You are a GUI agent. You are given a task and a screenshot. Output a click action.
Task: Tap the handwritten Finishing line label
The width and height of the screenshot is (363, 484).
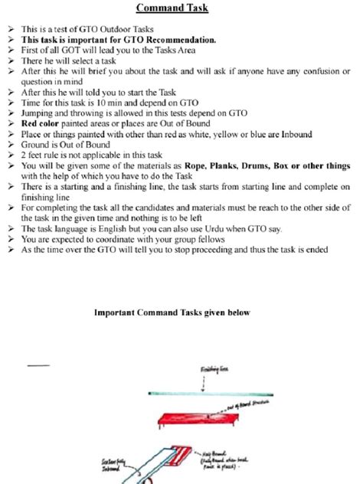point(214,370)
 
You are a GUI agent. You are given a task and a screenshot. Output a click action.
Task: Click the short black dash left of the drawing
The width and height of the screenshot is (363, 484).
point(38,365)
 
